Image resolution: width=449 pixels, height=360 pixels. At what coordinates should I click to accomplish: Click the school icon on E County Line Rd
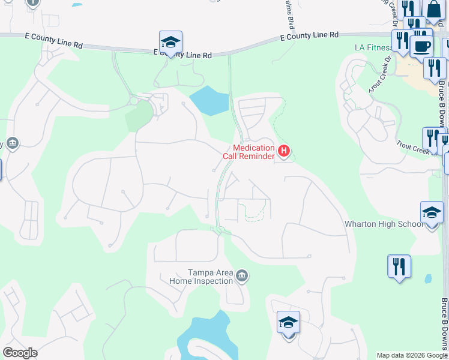click(x=170, y=43)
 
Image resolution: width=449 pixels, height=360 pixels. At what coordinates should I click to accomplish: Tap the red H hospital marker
click(x=285, y=150)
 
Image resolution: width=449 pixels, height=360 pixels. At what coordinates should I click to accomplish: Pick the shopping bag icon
click(x=433, y=10)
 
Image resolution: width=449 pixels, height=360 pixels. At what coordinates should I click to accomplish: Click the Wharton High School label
click(x=384, y=224)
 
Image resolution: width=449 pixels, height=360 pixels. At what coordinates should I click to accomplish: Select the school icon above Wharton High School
click(x=432, y=214)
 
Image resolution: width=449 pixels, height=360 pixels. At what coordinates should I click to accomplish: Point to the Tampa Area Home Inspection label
click(x=201, y=277)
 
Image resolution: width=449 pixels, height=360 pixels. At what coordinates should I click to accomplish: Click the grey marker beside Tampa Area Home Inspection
click(x=241, y=276)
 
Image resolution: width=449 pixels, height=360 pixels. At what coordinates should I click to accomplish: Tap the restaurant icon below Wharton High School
click(x=399, y=266)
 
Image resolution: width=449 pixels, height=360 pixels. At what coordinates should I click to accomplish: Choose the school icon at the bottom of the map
click(x=288, y=323)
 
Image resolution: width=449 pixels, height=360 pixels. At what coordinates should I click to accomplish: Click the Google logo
click(x=20, y=353)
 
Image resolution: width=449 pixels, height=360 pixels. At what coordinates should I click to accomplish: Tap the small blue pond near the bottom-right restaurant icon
click(x=427, y=279)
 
